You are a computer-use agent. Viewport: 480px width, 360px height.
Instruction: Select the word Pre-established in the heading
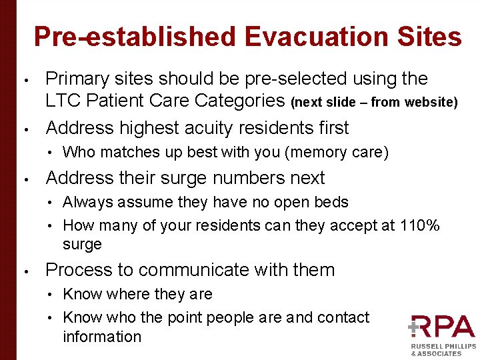pos(134,37)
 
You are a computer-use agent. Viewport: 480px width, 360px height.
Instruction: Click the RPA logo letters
pos(442,328)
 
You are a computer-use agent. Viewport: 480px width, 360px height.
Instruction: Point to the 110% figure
pos(419,225)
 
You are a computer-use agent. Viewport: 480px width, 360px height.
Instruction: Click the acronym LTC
pos(63,101)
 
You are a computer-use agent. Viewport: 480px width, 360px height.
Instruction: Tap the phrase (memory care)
pos(336,152)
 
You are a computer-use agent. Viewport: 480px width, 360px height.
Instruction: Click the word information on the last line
pos(102,337)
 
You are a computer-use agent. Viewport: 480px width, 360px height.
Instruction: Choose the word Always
pos(89,202)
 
